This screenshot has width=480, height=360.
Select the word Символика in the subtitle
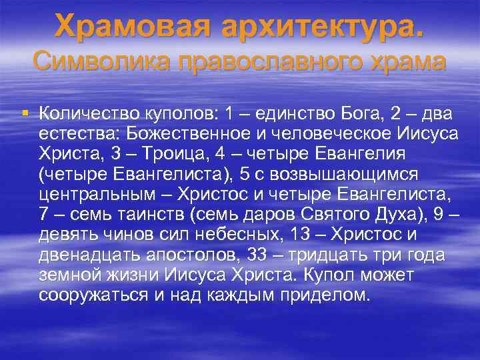coord(95,61)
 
